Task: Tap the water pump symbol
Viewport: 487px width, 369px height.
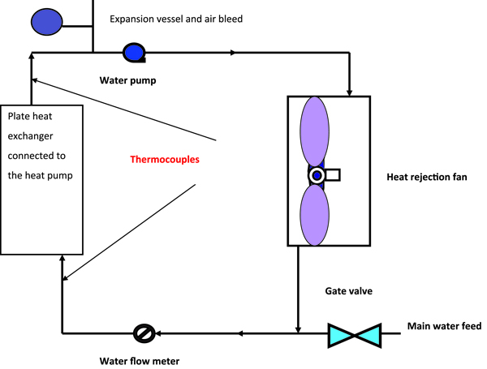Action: (133, 53)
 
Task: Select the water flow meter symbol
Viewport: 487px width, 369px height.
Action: (144, 333)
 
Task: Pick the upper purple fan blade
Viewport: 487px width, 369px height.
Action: (314, 133)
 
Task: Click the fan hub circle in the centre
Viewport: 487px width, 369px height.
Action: (317, 175)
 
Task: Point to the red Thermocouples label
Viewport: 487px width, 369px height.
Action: (165, 160)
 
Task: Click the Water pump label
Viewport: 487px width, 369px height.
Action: (127, 80)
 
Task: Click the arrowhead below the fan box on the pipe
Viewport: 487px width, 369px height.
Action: (299, 328)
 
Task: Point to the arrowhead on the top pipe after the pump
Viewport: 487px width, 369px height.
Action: (234, 53)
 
